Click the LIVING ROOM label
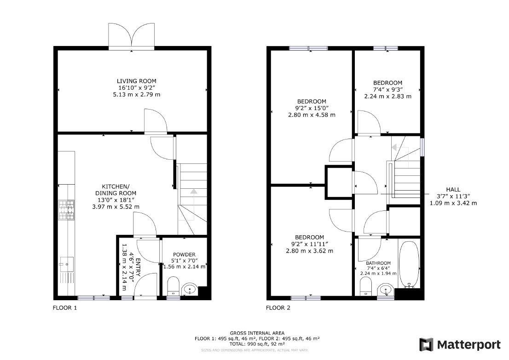tap(136, 81)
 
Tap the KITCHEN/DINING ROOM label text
tap(116, 190)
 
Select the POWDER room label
tap(184, 255)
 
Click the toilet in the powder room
tap(173, 286)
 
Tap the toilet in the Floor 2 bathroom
tap(365, 286)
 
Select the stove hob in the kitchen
tap(66, 210)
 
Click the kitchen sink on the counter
tap(66, 264)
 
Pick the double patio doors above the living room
tap(132, 36)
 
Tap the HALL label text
tap(453, 190)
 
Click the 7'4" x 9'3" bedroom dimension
tap(388, 90)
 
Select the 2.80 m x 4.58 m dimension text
tap(312, 115)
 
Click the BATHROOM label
tap(378, 263)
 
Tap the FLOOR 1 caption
tap(65, 308)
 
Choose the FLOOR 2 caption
tap(278, 308)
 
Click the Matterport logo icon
tap(426, 345)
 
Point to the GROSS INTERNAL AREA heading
tap(257, 333)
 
